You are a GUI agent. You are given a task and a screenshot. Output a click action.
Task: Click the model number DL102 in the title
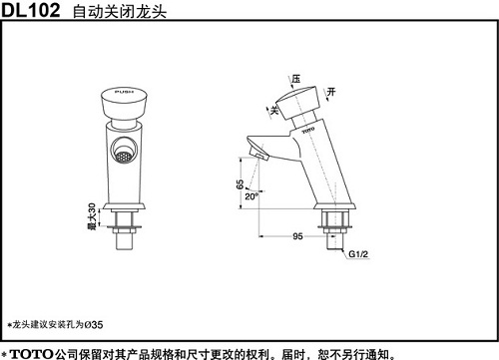click(x=31, y=10)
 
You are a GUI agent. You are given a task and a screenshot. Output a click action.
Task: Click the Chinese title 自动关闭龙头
click(x=120, y=12)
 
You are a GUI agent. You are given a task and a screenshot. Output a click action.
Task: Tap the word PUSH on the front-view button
click(x=124, y=92)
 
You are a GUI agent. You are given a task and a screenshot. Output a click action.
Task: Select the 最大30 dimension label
click(x=92, y=216)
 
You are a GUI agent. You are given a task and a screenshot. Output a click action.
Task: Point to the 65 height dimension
click(x=240, y=184)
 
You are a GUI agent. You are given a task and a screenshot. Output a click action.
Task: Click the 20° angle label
click(x=251, y=196)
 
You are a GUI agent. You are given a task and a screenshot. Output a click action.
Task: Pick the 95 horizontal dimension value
click(x=297, y=236)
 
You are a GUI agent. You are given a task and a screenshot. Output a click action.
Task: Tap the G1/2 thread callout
click(x=358, y=254)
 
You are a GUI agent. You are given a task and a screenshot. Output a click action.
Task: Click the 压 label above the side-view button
click(x=296, y=79)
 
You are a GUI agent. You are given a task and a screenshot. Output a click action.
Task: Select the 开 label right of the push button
click(x=331, y=92)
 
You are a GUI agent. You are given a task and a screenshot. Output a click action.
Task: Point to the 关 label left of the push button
click(x=274, y=110)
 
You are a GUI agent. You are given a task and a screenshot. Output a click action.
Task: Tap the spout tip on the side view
click(x=258, y=155)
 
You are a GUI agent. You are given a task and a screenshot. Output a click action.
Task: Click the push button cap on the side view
click(x=297, y=103)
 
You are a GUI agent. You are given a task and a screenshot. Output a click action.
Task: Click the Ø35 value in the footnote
click(x=94, y=324)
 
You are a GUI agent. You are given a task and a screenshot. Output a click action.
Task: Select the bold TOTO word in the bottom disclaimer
click(x=31, y=354)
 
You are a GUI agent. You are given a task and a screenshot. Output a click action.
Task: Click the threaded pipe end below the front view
click(x=124, y=241)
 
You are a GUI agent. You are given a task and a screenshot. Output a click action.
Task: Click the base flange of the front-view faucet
click(x=124, y=206)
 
